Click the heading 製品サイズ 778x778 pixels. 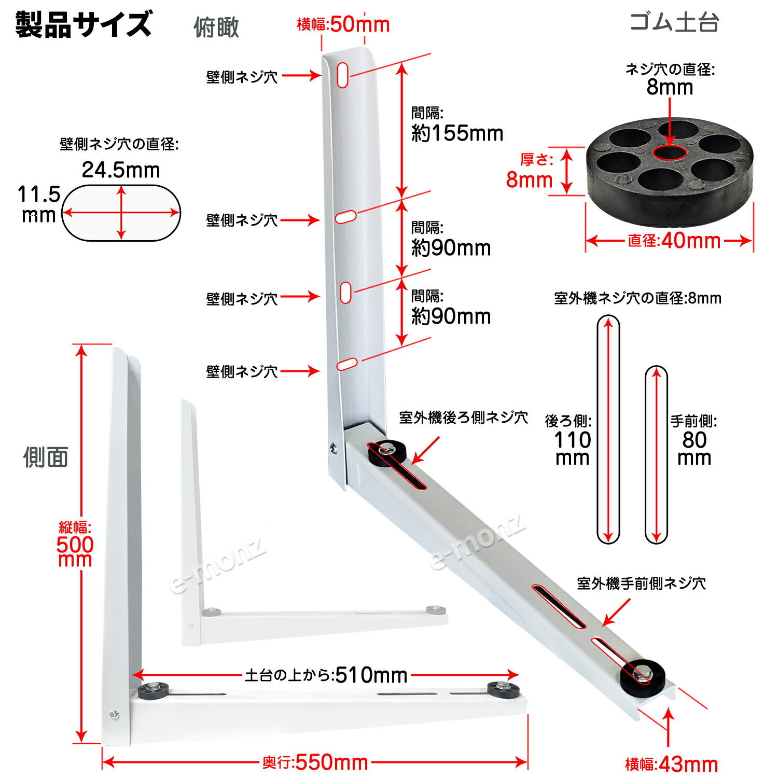tap(83, 24)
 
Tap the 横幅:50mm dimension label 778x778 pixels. tap(343, 24)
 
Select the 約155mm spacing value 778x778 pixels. tap(457, 133)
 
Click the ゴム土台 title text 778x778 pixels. tap(674, 22)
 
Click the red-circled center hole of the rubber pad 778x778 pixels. tap(670, 152)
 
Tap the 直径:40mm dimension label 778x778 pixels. tap(674, 241)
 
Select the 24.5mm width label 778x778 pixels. tap(121, 170)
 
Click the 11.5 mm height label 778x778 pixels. tap(39, 204)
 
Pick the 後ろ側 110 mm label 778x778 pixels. tap(571, 440)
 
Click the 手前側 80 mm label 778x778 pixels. tap(694, 440)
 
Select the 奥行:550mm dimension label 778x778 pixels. tap(315, 762)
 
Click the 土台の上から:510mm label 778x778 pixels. tap(326, 675)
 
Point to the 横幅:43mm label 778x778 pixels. tap(672, 764)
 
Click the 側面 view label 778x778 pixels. tap(46, 457)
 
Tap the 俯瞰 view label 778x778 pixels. tap(216, 27)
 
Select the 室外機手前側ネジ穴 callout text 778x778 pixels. tap(641, 584)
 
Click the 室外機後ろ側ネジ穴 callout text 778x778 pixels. tap(463, 418)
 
